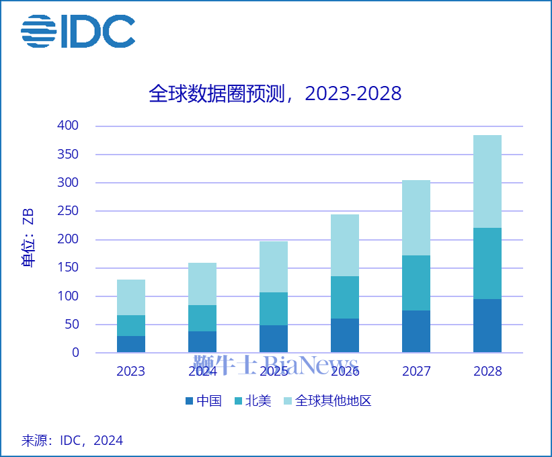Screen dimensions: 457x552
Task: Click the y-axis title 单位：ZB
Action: coord(29,239)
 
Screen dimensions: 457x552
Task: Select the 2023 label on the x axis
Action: coord(130,371)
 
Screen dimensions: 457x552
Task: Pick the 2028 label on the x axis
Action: coord(487,371)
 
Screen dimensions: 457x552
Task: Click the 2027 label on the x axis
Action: coord(416,371)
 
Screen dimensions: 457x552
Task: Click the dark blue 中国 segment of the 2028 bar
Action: coord(487,326)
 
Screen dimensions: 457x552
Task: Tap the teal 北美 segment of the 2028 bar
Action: coord(487,263)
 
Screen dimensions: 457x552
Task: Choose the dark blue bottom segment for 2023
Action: coord(131,344)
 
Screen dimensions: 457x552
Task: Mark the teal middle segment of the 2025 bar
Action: coord(274,309)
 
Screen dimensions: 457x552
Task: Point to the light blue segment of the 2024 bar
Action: coord(202,284)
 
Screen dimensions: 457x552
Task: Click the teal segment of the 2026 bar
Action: coord(345,297)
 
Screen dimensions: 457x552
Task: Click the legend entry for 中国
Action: coord(203,401)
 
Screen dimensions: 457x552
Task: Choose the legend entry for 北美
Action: coord(252,401)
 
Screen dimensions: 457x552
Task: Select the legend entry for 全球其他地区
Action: coord(327,401)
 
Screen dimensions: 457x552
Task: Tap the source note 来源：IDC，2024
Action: coord(72,441)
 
